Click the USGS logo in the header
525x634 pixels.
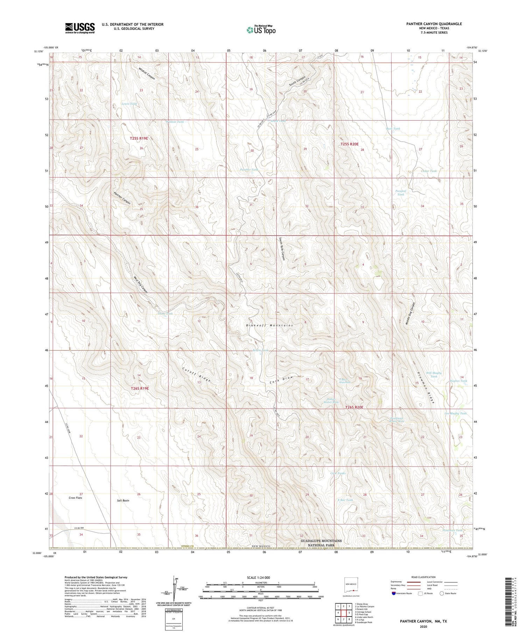(x=79, y=28)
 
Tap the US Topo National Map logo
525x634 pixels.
(x=261, y=30)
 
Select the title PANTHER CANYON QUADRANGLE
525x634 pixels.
(x=434, y=24)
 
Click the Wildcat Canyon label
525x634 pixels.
(x=147, y=73)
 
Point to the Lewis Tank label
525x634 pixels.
(x=129, y=104)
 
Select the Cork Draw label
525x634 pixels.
(x=281, y=379)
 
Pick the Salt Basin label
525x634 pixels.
(x=123, y=500)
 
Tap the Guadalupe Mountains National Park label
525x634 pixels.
(x=321, y=543)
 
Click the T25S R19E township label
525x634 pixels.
(x=139, y=138)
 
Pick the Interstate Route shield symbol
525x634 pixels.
(x=394, y=593)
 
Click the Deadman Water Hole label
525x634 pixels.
(x=397, y=420)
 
